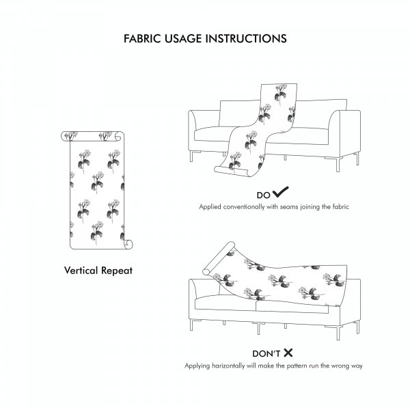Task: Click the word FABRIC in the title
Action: click(x=142, y=39)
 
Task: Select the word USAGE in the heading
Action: click(x=183, y=39)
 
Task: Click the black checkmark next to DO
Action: click(x=280, y=192)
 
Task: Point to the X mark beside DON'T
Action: click(x=288, y=353)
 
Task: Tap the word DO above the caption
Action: click(x=263, y=195)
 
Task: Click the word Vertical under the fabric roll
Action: click(x=81, y=271)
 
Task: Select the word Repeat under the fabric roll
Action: click(x=117, y=271)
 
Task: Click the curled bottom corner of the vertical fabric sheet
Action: click(x=128, y=244)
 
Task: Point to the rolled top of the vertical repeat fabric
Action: click(x=92, y=136)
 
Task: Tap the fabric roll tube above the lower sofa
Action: click(x=219, y=258)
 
